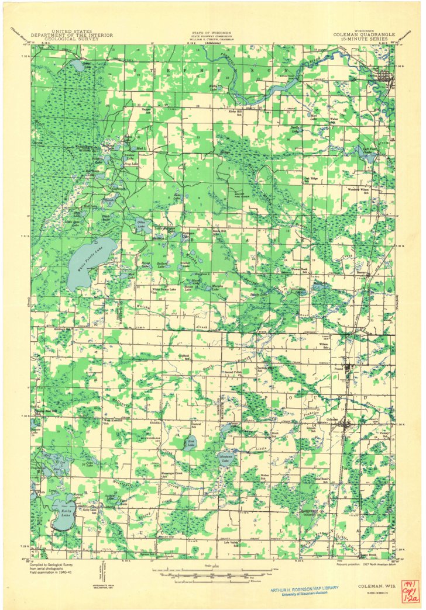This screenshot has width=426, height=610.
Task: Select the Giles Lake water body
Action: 140,225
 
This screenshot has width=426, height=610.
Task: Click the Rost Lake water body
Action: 190,443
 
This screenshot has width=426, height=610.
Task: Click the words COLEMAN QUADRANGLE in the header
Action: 363,34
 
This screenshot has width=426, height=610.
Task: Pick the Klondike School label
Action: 156,421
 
